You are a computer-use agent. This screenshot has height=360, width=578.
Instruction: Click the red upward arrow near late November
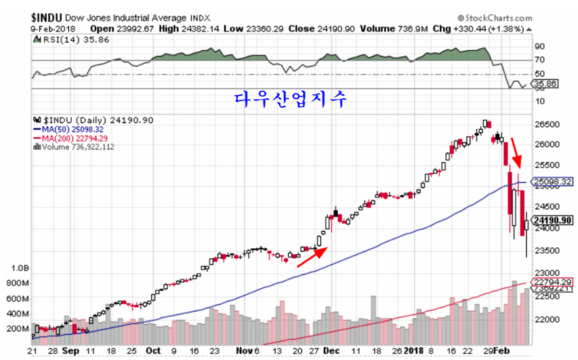pos(313,256)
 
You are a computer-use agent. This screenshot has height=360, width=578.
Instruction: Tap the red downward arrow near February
pos(516,154)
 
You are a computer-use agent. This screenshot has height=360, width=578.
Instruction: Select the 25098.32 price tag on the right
pos(552,182)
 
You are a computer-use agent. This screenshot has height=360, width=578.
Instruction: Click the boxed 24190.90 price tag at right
pos(554,220)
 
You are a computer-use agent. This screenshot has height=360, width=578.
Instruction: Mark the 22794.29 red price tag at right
pos(553,282)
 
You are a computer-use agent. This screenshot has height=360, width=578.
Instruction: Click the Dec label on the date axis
pos(331,351)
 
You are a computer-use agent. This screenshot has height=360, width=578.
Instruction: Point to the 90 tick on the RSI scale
pos(539,47)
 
